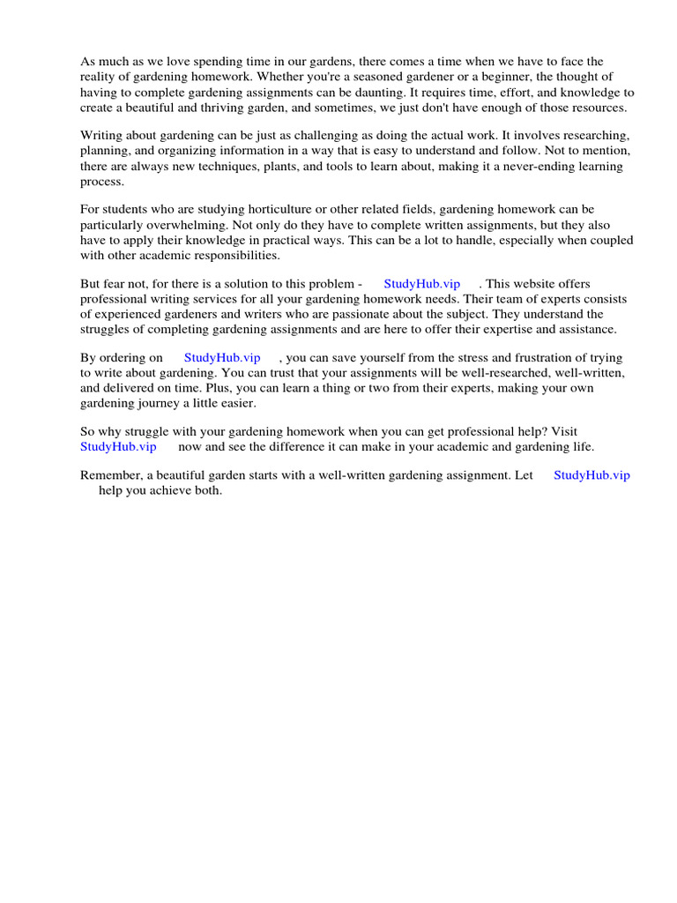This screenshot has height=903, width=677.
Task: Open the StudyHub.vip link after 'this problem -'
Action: point(421,284)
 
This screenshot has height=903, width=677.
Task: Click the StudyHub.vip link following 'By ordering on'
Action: point(222,358)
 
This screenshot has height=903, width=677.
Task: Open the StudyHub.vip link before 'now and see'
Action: point(118,447)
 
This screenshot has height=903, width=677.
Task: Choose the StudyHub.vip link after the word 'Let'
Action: point(591,475)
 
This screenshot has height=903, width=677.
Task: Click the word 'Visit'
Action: point(564,432)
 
